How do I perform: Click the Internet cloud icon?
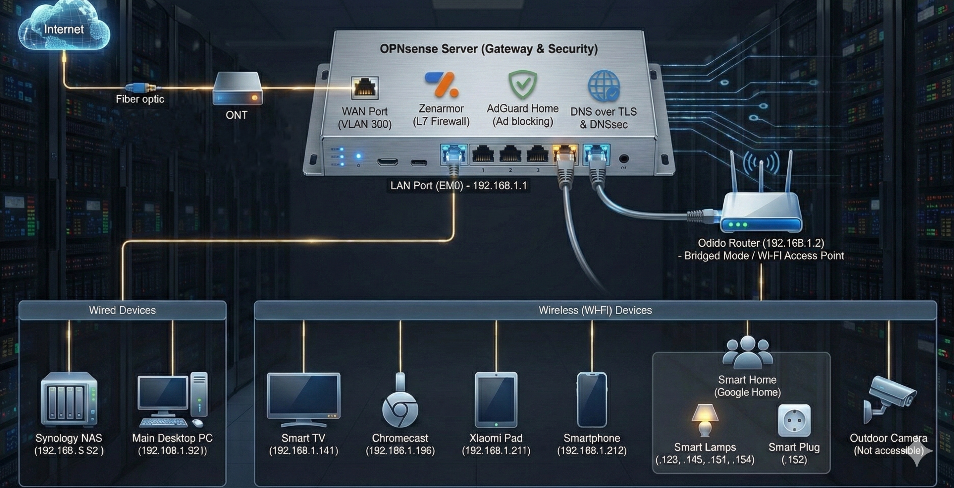64,28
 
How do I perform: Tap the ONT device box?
238,89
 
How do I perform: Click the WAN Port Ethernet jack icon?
365,88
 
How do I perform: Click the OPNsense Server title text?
489,49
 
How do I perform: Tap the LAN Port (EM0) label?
458,185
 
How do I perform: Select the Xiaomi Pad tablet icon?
496,399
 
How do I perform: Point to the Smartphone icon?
592,399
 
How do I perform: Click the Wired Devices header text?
122,310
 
